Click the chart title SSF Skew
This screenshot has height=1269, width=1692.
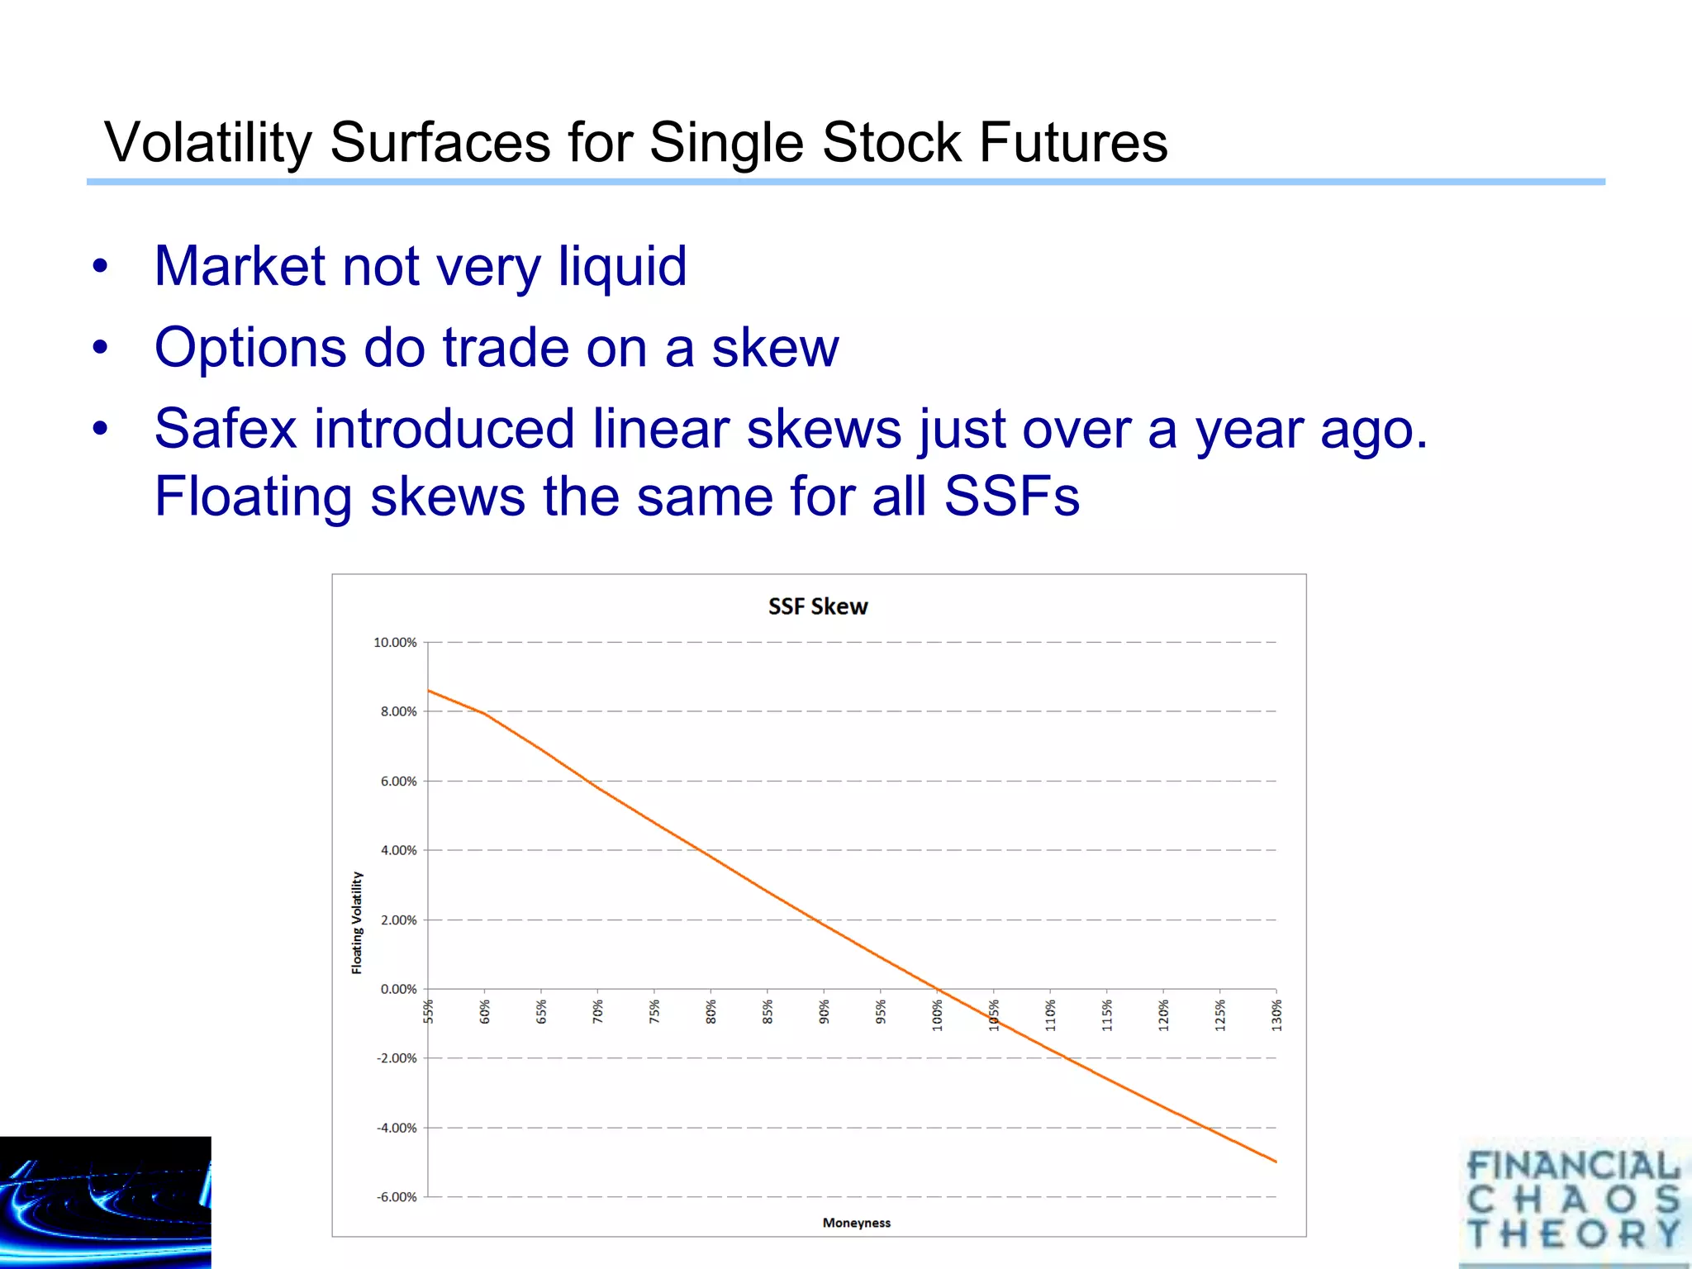[x=817, y=606]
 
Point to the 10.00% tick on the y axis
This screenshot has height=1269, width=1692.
[x=395, y=642]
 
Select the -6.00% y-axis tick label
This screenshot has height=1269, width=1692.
[x=397, y=1197]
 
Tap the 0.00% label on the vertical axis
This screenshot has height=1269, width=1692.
[x=398, y=989]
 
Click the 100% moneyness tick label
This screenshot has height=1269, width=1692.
[x=938, y=1015]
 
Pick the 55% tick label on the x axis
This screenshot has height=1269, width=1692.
[x=428, y=1011]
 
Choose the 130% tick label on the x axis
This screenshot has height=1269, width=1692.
[x=1276, y=1015]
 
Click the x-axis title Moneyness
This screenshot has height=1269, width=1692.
[x=856, y=1223]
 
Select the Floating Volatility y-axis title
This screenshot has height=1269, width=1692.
[x=357, y=922]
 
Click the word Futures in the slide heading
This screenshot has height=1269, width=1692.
[x=1072, y=142]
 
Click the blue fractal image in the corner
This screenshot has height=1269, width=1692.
[x=105, y=1202]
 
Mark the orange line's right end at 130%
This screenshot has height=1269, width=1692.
[x=1276, y=1162]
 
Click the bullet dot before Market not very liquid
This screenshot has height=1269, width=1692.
[x=100, y=267]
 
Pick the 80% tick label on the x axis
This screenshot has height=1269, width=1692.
[x=711, y=1012]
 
